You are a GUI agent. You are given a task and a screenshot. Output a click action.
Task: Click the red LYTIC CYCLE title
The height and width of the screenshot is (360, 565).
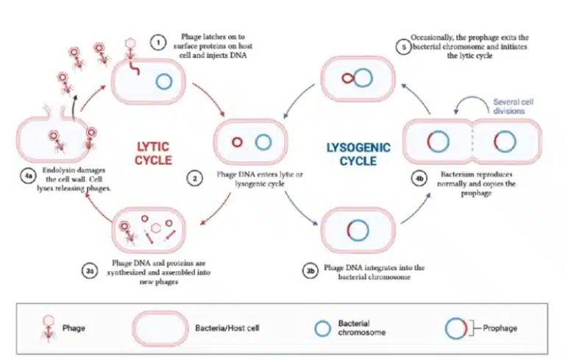coord(153,152)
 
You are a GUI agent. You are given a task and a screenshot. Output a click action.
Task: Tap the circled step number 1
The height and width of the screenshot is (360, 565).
coord(156,42)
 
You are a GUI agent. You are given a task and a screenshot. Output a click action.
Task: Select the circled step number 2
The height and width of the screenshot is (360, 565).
coord(195,179)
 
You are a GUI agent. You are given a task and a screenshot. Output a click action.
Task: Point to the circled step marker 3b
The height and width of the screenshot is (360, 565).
coord(310,271)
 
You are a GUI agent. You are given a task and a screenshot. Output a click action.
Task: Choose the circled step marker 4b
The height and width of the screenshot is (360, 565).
coord(419,178)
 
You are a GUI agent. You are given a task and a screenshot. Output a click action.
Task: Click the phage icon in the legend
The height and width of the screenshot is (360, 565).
coord(49,325)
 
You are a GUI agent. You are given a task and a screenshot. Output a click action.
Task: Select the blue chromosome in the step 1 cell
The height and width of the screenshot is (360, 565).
coord(166,81)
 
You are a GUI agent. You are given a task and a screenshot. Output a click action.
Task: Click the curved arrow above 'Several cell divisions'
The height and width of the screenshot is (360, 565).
coord(471,102)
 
